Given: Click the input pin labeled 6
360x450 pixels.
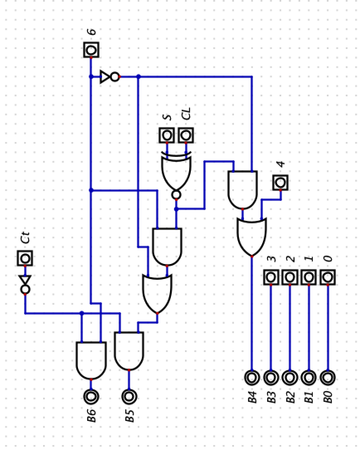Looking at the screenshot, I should click(x=91, y=50).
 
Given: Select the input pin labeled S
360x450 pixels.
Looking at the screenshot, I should click(x=167, y=135).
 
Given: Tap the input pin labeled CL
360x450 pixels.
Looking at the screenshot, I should click(x=186, y=135).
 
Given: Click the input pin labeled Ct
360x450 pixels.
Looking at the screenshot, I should click(x=25, y=259).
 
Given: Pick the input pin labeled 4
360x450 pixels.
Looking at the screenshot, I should click(x=280, y=182).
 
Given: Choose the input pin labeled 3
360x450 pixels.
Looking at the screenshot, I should click(x=271, y=277).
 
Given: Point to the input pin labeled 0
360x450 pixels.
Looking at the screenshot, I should click(x=328, y=277).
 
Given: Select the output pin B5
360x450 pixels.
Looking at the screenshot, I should click(x=129, y=396).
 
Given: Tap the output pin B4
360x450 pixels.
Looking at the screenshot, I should click(x=252, y=377).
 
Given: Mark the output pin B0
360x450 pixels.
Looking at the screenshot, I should click(x=328, y=377).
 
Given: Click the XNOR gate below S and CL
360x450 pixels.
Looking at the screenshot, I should click(x=176, y=172).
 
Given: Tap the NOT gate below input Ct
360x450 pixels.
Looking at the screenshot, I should click(x=25, y=283).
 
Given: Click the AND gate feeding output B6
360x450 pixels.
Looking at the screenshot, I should click(x=91, y=360).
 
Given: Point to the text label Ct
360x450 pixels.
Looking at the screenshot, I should click(x=26, y=238).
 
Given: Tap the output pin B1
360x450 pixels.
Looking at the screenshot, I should click(x=309, y=377).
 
